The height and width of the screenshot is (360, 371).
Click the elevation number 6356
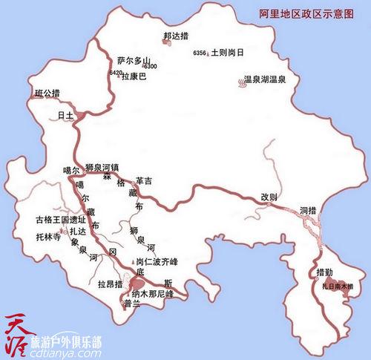[x=199, y=54]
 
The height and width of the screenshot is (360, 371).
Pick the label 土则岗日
[x=226, y=54]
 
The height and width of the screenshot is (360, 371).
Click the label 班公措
[x=48, y=93]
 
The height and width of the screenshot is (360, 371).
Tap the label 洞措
[x=309, y=210]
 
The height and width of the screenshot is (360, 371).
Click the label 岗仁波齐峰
[x=157, y=262]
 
